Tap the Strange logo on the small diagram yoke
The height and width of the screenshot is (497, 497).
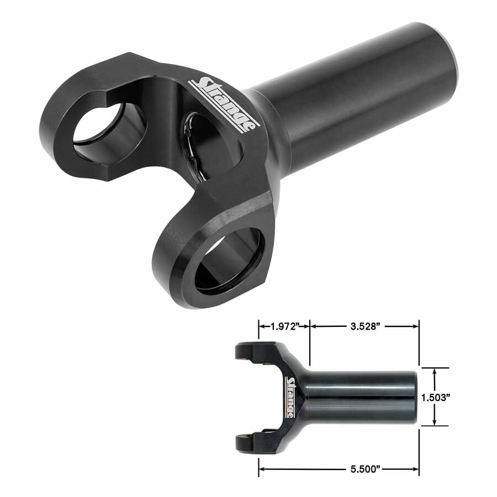(290, 396)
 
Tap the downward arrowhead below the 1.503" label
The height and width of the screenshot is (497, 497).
(436, 422)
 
